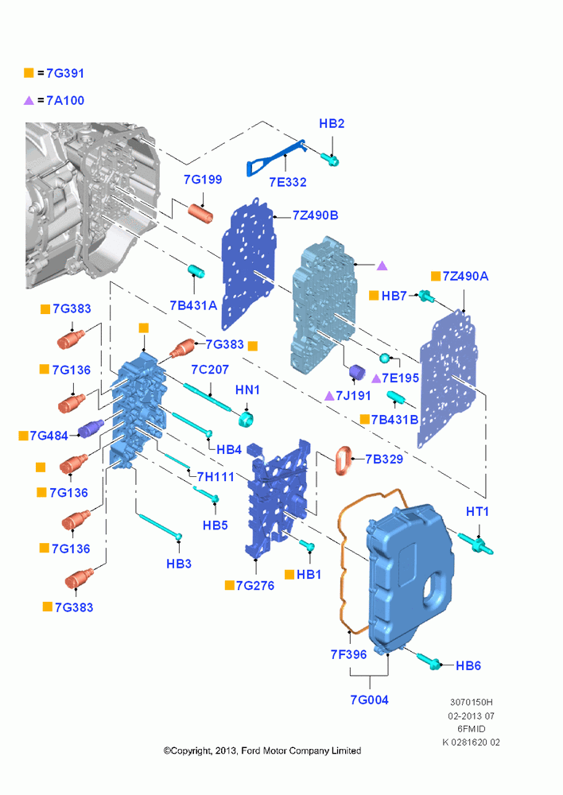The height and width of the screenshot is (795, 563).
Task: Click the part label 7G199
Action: coord(203,180)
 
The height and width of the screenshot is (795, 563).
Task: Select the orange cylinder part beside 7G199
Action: coord(201,213)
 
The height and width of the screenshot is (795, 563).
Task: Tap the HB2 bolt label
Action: coord(332,124)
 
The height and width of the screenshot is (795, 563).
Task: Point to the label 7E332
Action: coord(288,182)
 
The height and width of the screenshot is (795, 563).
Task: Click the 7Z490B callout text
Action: coord(315,215)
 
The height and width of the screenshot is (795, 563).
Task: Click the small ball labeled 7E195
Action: coord(385,358)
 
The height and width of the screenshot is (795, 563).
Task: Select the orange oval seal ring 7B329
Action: coord(344,460)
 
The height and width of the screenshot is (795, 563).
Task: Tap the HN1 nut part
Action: coord(247,419)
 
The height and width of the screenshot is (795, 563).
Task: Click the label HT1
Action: coord(477,512)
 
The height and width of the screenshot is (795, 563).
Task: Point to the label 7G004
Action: coord(369,700)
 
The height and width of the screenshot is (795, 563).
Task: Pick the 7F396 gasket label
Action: coord(348,654)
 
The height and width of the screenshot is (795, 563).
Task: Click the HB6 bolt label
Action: coord(468,665)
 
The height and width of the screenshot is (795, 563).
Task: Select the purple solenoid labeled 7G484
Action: coord(91,429)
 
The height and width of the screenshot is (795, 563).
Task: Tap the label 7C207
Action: coord(210,370)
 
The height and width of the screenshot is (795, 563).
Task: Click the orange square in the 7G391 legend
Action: coord(29,73)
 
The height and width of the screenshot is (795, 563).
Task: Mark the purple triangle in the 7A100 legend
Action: coord(29,100)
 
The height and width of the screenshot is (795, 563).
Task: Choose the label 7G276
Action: coord(255,586)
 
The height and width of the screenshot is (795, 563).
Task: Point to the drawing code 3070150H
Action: coord(472,703)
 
